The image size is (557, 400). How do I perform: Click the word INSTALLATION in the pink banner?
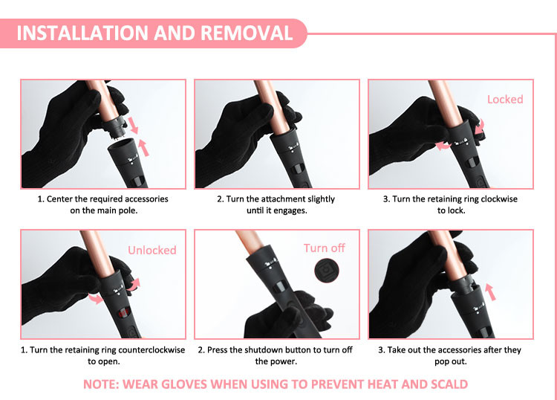82,33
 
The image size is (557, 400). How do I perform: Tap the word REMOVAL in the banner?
247,33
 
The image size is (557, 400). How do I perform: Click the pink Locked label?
505,99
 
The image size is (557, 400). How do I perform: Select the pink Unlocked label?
152,251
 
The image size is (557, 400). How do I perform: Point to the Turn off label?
324,248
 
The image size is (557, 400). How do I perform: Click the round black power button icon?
327,271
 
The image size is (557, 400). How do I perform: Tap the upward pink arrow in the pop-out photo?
491,292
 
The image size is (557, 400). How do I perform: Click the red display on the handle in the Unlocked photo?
123,313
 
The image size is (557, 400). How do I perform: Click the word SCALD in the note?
449,384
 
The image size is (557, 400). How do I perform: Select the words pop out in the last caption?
450,361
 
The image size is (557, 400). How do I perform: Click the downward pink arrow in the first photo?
133,125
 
